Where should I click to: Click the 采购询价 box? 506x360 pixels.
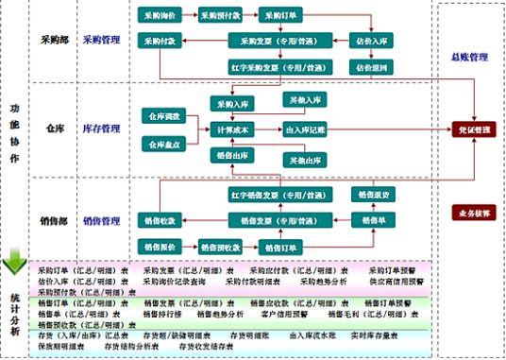(x=160, y=16)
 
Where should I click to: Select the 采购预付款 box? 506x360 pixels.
(x=223, y=16)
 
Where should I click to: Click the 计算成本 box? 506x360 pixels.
(x=231, y=129)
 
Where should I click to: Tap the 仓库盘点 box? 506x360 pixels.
(x=161, y=144)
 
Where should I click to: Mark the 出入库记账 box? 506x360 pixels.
(x=305, y=129)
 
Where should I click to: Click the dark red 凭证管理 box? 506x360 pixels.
(x=470, y=129)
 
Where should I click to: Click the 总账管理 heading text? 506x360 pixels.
(x=470, y=57)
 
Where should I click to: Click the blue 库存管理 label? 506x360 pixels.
(x=101, y=128)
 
